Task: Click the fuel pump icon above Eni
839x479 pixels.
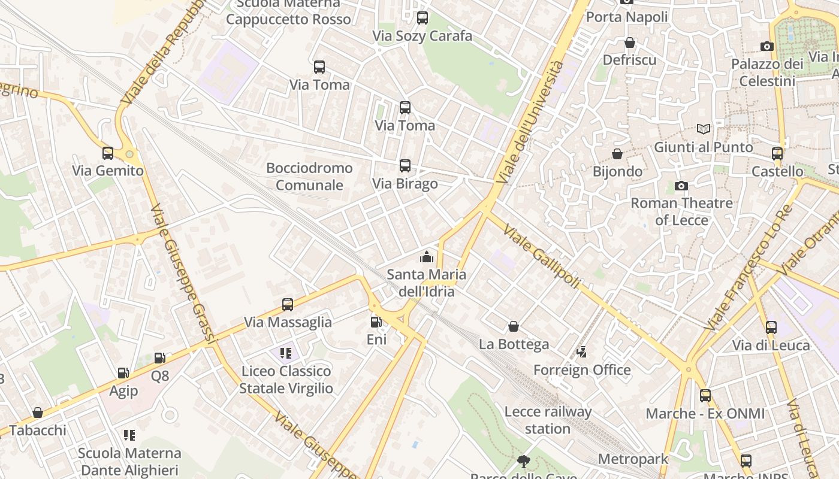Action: click(x=376, y=322)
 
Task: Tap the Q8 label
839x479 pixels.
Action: click(x=160, y=376)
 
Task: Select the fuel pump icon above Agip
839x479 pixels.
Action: click(x=123, y=373)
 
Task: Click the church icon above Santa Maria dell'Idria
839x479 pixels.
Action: click(x=427, y=257)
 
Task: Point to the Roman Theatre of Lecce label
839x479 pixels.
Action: click(x=681, y=211)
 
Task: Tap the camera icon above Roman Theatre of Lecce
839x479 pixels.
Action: click(x=681, y=186)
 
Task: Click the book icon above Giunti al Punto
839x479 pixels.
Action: click(x=704, y=129)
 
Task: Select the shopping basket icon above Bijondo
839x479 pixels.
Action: click(x=617, y=154)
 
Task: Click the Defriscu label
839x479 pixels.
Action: click(x=629, y=60)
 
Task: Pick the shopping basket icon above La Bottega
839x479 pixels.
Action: click(x=514, y=326)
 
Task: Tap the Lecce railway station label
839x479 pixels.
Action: click(x=548, y=420)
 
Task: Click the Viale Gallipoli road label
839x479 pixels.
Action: click(x=542, y=256)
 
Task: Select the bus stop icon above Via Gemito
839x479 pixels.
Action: click(x=108, y=153)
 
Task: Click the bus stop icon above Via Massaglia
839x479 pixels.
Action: click(x=288, y=305)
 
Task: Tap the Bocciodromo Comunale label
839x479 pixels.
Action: click(x=309, y=177)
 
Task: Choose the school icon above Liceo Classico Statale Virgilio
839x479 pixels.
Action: click(x=286, y=353)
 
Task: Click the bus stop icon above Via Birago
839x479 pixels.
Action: click(x=405, y=166)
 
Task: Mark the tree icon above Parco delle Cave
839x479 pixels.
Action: click(x=524, y=461)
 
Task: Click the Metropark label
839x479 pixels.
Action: click(x=633, y=459)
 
